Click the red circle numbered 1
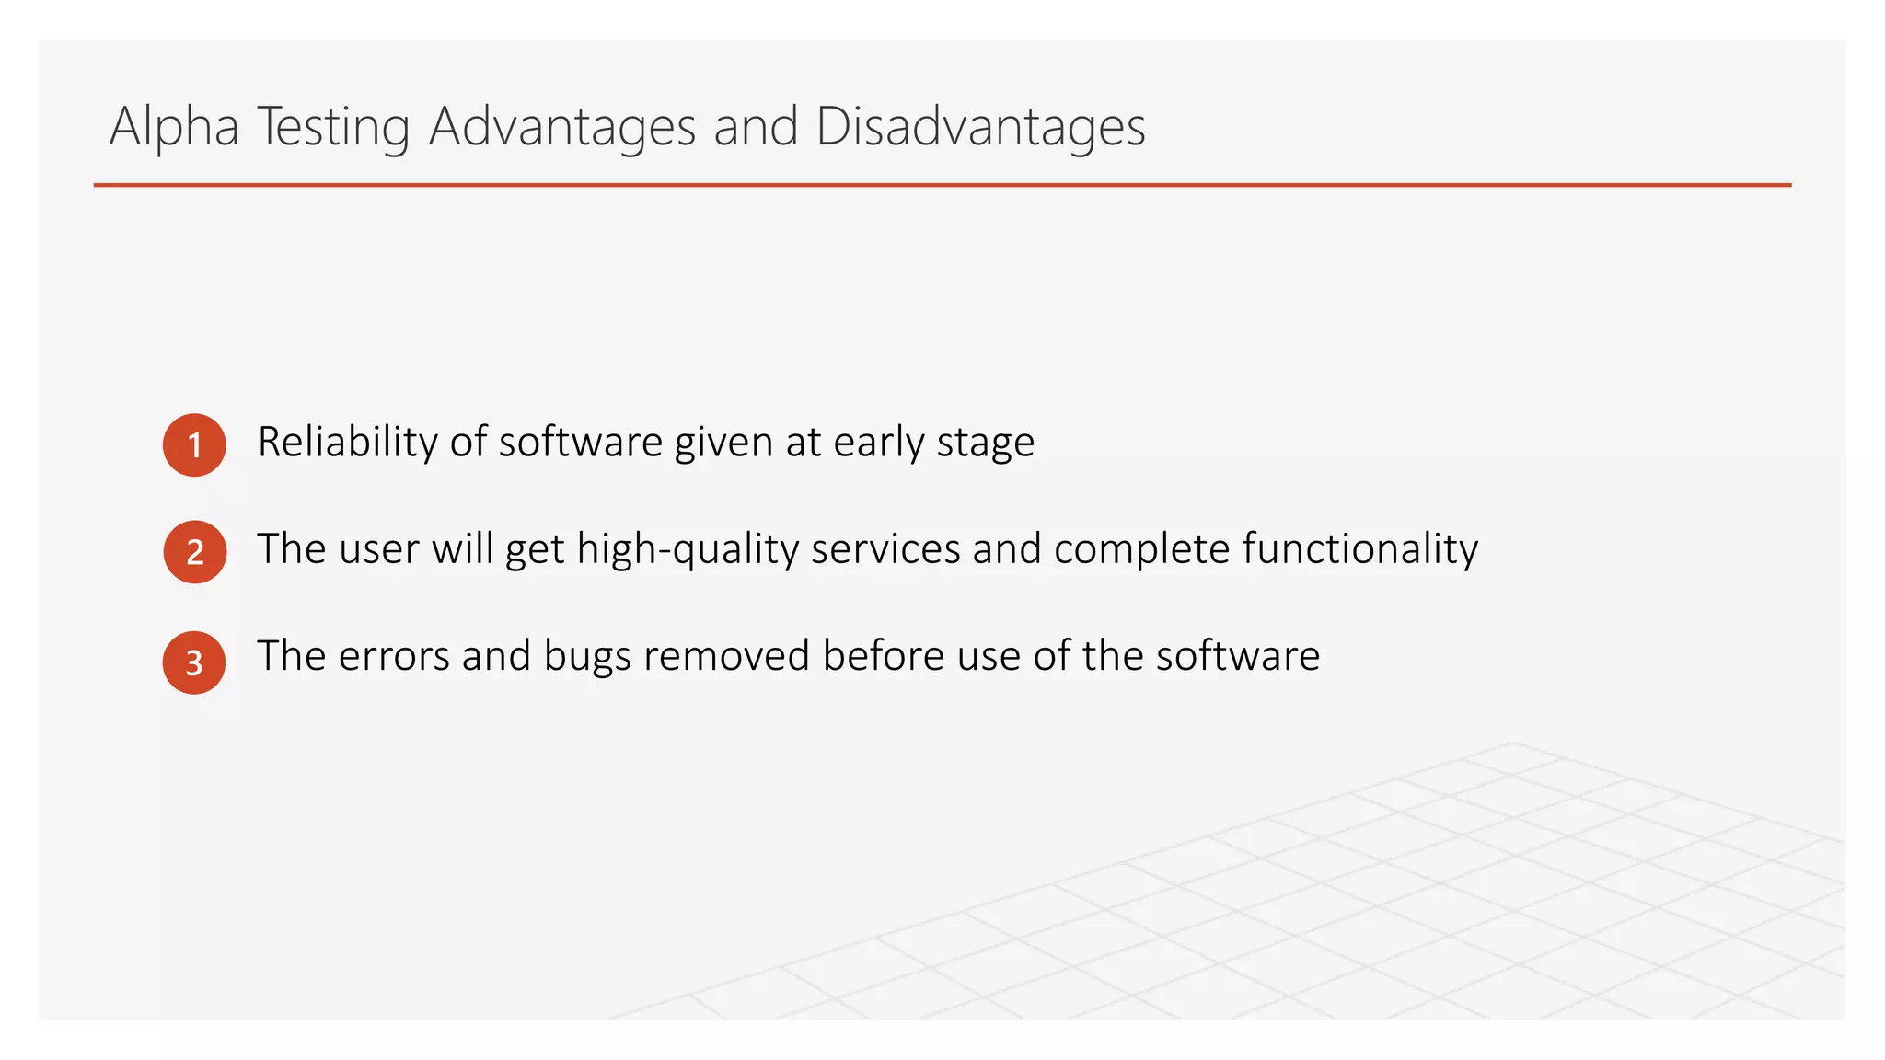194,445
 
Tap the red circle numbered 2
195,552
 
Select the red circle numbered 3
194,662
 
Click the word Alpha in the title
174,126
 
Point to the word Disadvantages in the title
980,126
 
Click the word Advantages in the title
562,126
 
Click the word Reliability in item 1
348,442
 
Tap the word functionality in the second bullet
1360,549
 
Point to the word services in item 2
885,549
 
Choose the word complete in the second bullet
1142,549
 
